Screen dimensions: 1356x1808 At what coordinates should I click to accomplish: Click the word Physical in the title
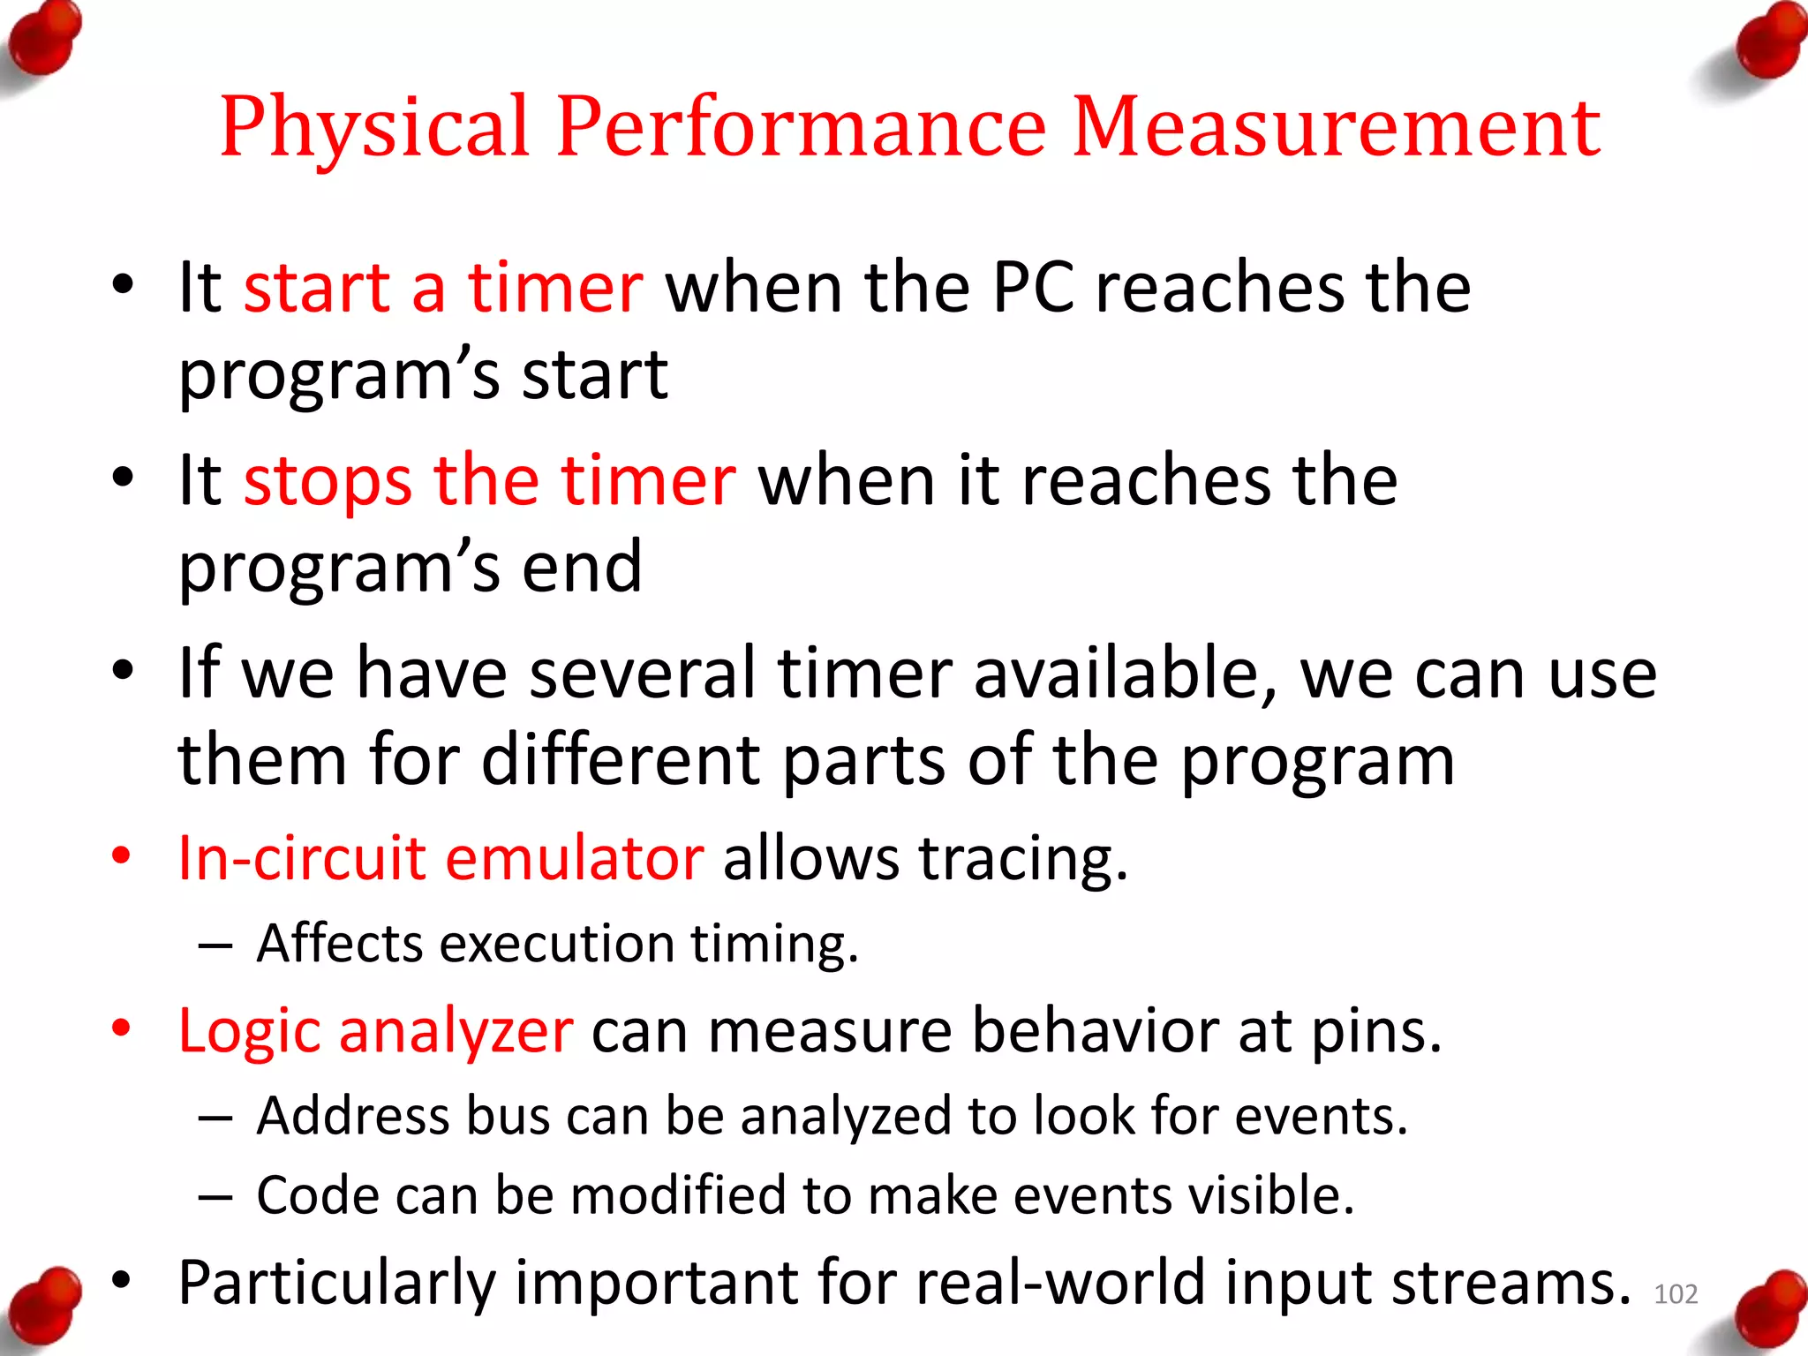pos(374,128)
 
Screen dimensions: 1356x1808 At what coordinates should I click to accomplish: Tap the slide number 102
pos(1675,1294)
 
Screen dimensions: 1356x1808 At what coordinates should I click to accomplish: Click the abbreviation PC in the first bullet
pos(1033,288)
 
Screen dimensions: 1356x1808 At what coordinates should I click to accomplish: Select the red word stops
pos(328,482)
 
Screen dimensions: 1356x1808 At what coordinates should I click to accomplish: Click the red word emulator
pos(574,858)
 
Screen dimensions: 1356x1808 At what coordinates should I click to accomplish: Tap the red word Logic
pos(249,1031)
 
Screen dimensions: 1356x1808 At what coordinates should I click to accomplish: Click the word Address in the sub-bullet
pos(352,1116)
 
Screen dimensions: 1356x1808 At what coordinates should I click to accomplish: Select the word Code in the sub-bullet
pos(317,1195)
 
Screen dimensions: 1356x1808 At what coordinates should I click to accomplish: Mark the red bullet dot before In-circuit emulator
pos(122,855)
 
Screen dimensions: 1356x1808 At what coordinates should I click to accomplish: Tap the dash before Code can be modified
pos(215,1197)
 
